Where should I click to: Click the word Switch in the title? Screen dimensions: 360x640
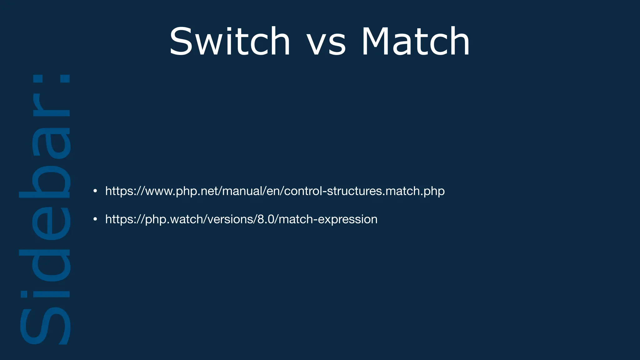[230, 41]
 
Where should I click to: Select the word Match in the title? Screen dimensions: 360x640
[415, 41]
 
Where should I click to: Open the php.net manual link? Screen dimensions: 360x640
[275, 191]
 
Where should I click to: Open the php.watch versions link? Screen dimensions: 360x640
[241, 219]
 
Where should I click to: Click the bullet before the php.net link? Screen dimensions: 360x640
[95, 191]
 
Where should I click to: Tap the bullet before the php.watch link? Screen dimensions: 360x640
[95, 219]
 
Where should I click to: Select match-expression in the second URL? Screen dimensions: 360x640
[328, 219]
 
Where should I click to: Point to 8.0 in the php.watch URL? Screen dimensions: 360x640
[265, 219]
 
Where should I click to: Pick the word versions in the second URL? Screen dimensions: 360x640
[231, 219]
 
